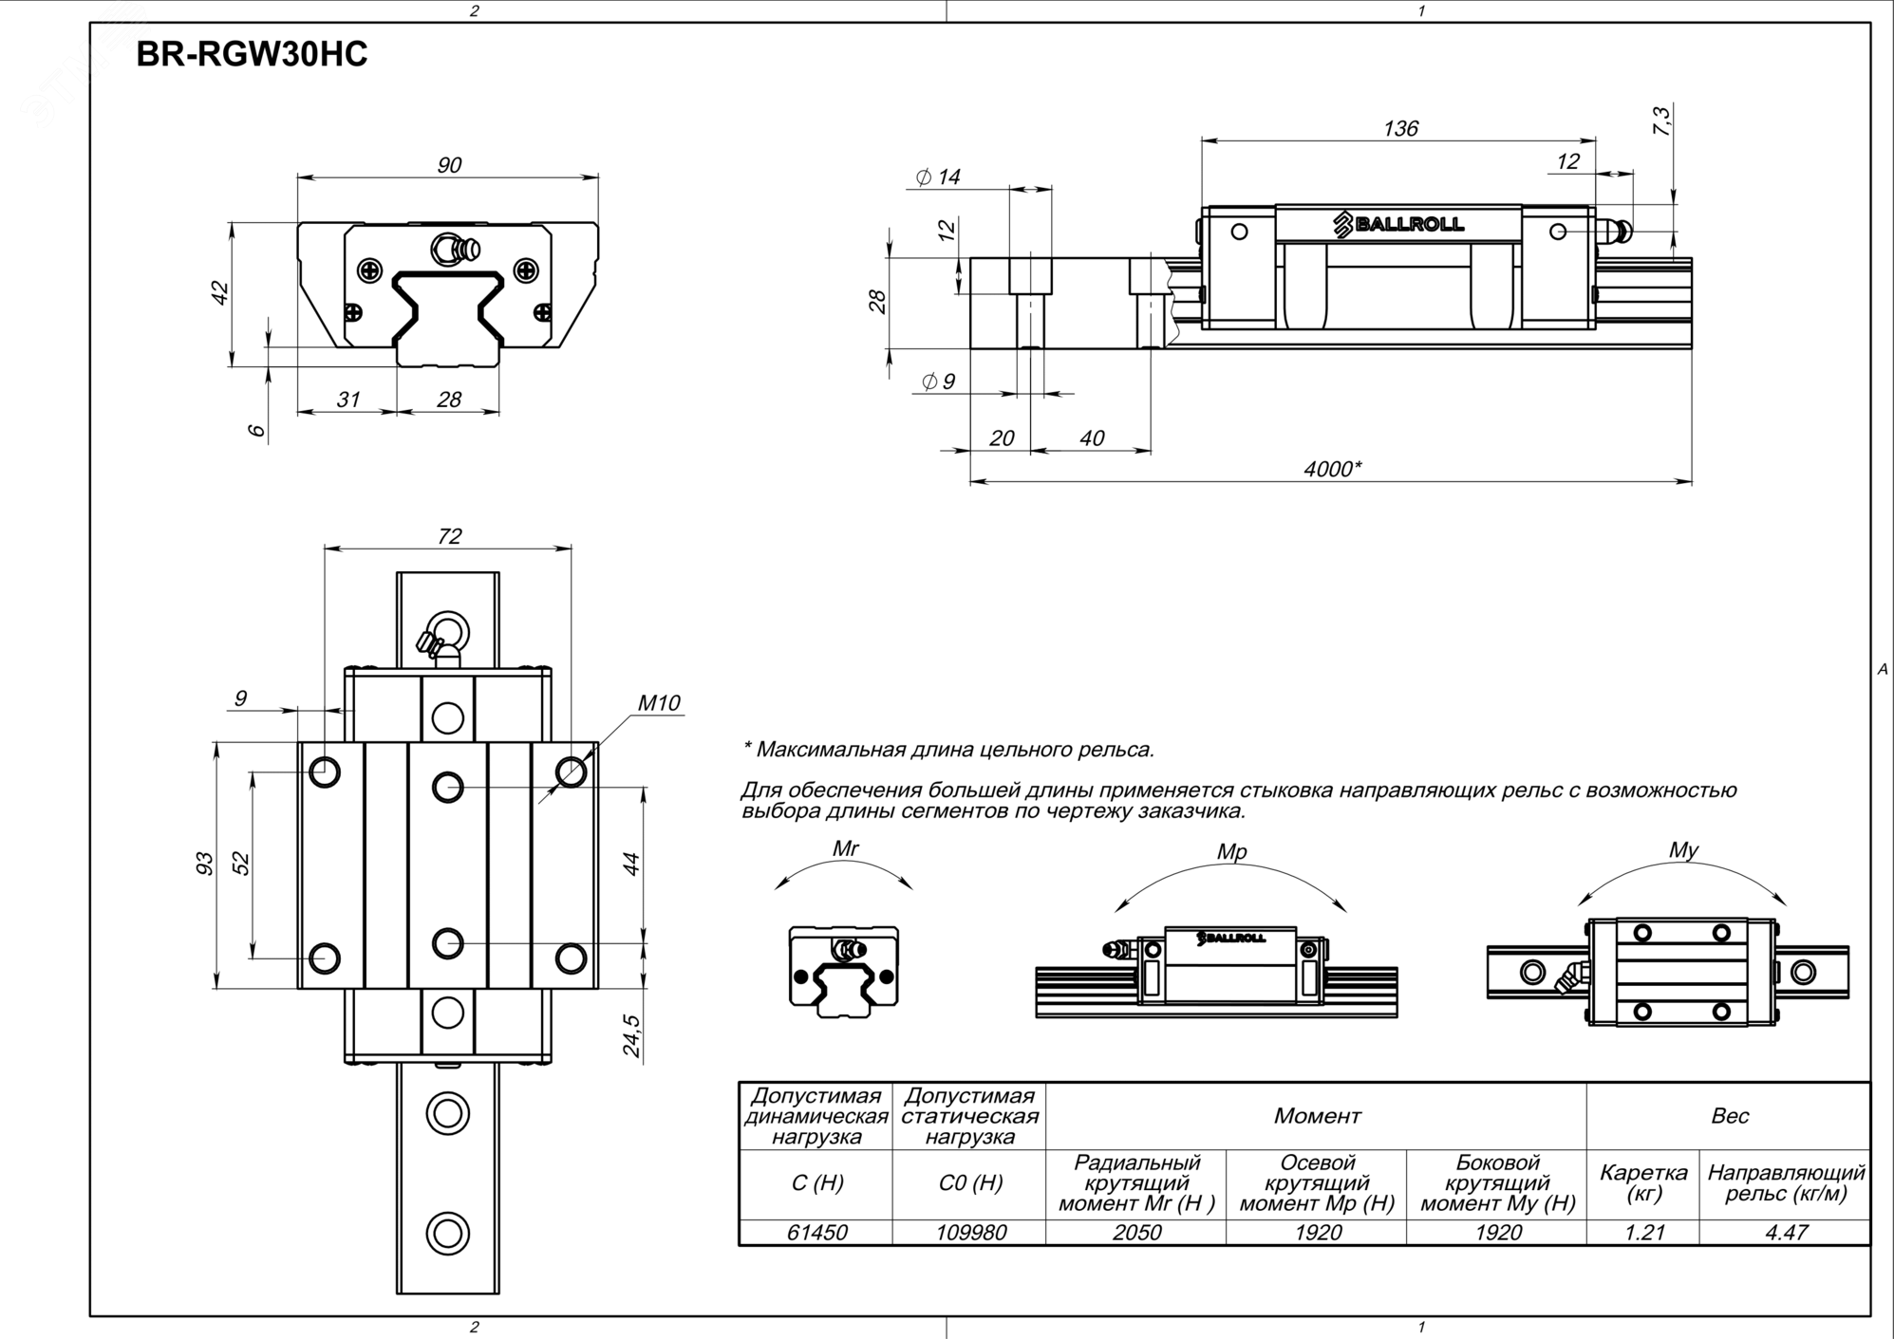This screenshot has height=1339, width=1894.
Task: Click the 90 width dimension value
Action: [x=449, y=165]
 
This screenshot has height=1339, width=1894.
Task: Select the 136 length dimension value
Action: [x=1400, y=128]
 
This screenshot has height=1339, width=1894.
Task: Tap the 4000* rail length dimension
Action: [x=1332, y=469]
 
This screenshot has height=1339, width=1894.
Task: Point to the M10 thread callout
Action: [x=659, y=703]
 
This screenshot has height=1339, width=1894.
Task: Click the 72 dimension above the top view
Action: [x=449, y=536]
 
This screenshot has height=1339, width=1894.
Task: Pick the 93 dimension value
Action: [x=205, y=864]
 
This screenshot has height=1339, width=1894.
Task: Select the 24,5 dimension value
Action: [x=631, y=1035]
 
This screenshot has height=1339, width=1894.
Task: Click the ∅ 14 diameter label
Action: [x=938, y=177]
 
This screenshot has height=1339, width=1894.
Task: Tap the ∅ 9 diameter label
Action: [x=938, y=381]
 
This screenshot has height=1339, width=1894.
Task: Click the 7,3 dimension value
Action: [x=1661, y=121]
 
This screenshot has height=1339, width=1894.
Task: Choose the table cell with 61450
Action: [x=816, y=1232]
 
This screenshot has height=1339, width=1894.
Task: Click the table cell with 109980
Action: [x=969, y=1232]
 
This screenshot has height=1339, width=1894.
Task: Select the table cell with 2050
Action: [x=1136, y=1232]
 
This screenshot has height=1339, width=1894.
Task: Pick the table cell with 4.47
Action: [x=1785, y=1232]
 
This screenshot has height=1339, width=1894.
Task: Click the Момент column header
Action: [x=1317, y=1116]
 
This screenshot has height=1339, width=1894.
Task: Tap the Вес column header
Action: [x=1729, y=1116]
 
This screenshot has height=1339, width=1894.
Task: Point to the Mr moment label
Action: [x=845, y=848]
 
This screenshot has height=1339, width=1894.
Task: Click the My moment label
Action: [x=1683, y=850]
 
